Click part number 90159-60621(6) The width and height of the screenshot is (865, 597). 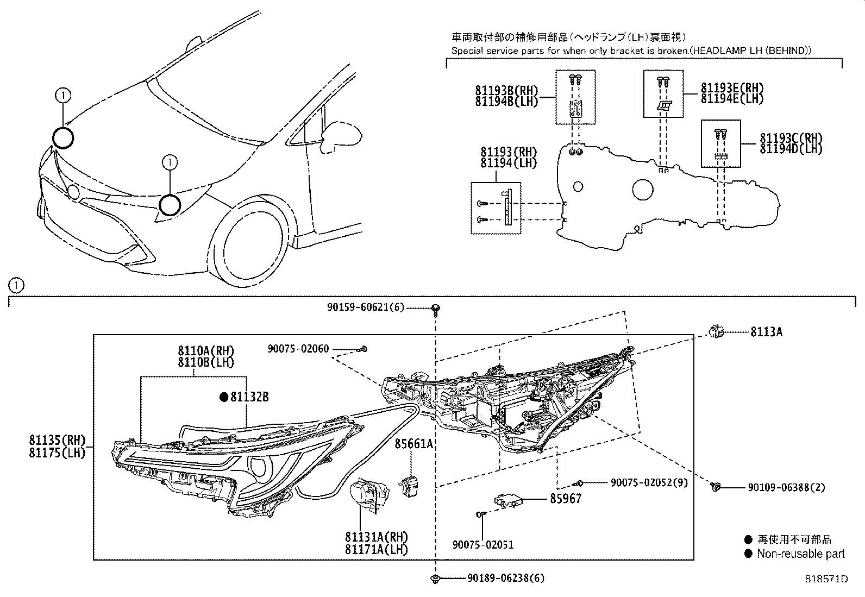(366, 307)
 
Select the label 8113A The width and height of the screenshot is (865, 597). (766, 332)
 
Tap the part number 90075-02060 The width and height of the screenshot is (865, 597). (298, 349)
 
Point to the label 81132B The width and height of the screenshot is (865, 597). (249, 397)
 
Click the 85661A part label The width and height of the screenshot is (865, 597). (413, 444)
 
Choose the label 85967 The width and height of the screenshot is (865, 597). (566, 498)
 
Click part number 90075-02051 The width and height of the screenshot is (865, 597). (482, 544)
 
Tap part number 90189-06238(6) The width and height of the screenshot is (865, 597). (505, 579)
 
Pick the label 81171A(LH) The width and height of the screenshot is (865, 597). (376, 549)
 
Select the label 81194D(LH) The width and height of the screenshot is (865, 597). (791, 148)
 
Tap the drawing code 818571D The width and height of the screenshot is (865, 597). (826, 579)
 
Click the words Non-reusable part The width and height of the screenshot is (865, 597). (801, 554)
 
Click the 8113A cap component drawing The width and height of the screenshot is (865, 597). (715, 331)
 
